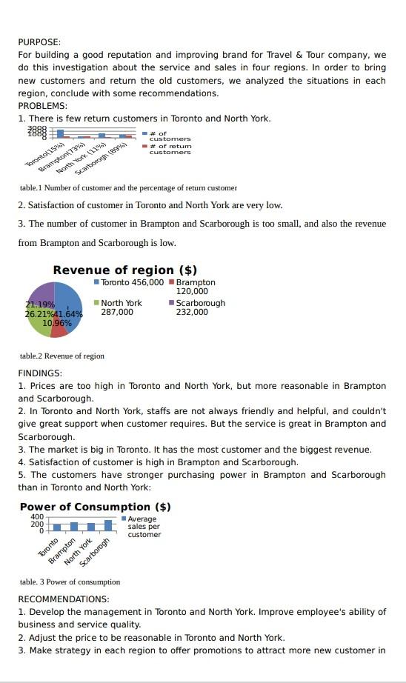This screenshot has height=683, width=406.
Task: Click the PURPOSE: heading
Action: tap(39, 42)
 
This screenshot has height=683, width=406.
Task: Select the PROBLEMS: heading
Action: tap(42, 106)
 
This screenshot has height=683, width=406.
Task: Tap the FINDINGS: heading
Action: tap(40, 373)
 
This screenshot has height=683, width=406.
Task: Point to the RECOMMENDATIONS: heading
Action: tap(64, 599)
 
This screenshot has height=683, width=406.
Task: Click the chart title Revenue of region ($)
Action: tap(124, 270)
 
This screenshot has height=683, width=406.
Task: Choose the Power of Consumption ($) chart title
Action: tap(95, 507)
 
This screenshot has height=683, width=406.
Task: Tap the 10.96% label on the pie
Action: tap(57, 323)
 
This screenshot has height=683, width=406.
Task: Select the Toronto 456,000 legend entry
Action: tap(129, 282)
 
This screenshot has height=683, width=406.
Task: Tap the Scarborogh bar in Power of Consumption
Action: tap(108, 525)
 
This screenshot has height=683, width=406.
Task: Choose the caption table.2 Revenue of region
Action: tap(62, 356)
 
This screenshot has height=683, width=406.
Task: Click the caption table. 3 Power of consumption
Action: tap(70, 582)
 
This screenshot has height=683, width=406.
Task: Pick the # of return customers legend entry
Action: tap(169, 149)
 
